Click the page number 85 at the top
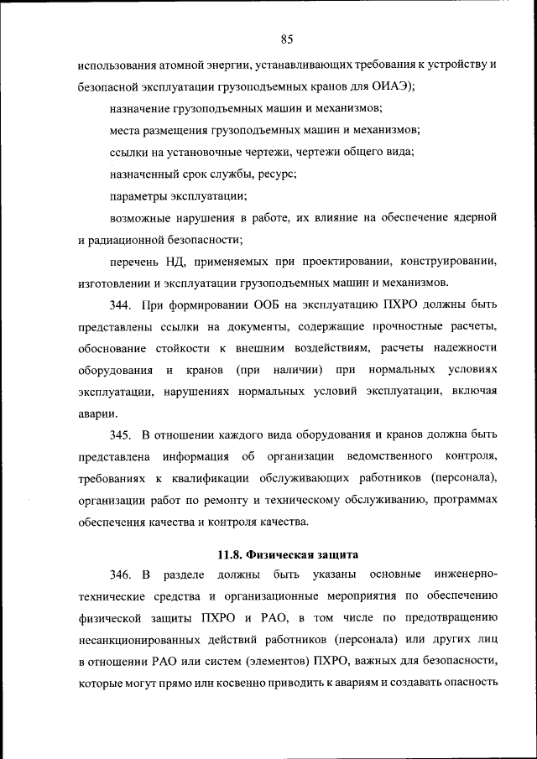(x=286, y=39)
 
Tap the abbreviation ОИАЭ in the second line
(x=388, y=86)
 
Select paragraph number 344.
(x=122, y=304)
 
